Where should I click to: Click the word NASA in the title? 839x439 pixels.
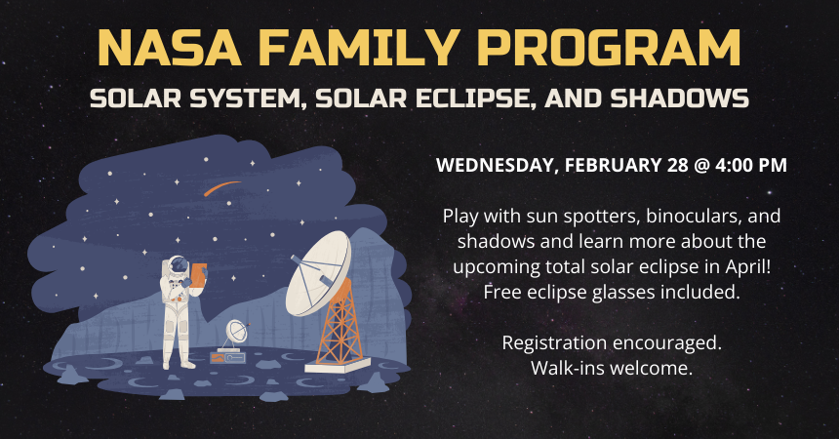170,47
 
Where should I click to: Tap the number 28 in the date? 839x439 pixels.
677,164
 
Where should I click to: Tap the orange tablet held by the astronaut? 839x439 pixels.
197,275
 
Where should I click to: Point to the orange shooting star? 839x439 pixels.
220,188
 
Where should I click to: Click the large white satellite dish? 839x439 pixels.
318,273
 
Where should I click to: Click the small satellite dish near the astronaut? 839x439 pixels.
236,332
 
